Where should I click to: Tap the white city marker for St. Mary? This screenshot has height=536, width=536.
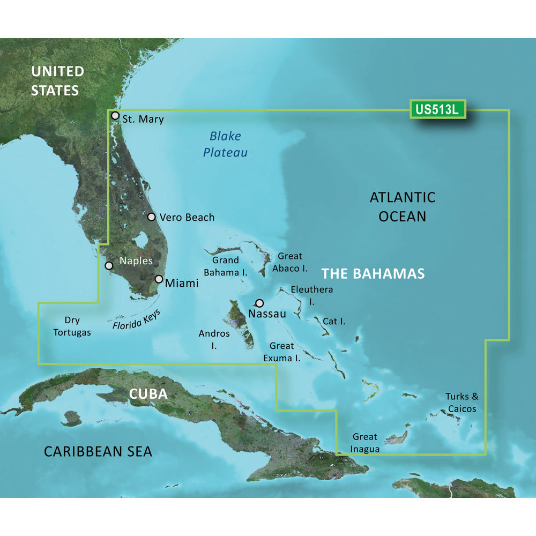[115, 115]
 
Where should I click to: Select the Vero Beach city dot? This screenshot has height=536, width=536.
[152, 217]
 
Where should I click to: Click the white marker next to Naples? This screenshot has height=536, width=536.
[109, 265]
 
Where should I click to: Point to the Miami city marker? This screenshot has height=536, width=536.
[159, 279]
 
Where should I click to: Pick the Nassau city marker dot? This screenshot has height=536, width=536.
[260, 303]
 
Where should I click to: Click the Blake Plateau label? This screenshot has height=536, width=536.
[225, 144]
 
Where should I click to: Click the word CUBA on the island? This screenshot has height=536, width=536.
[148, 394]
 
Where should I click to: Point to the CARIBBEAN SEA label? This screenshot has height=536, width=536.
[98, 451]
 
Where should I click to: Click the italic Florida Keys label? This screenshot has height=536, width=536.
[137, 320]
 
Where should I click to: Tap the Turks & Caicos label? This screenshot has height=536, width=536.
[461, 403]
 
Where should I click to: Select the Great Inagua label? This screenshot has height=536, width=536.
[364, 443]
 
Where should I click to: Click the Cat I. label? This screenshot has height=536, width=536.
[333, 322]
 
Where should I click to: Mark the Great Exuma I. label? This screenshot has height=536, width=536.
[284, 352]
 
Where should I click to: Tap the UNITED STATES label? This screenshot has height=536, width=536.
[57, 80]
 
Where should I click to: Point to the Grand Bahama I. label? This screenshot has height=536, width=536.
[225, 266]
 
